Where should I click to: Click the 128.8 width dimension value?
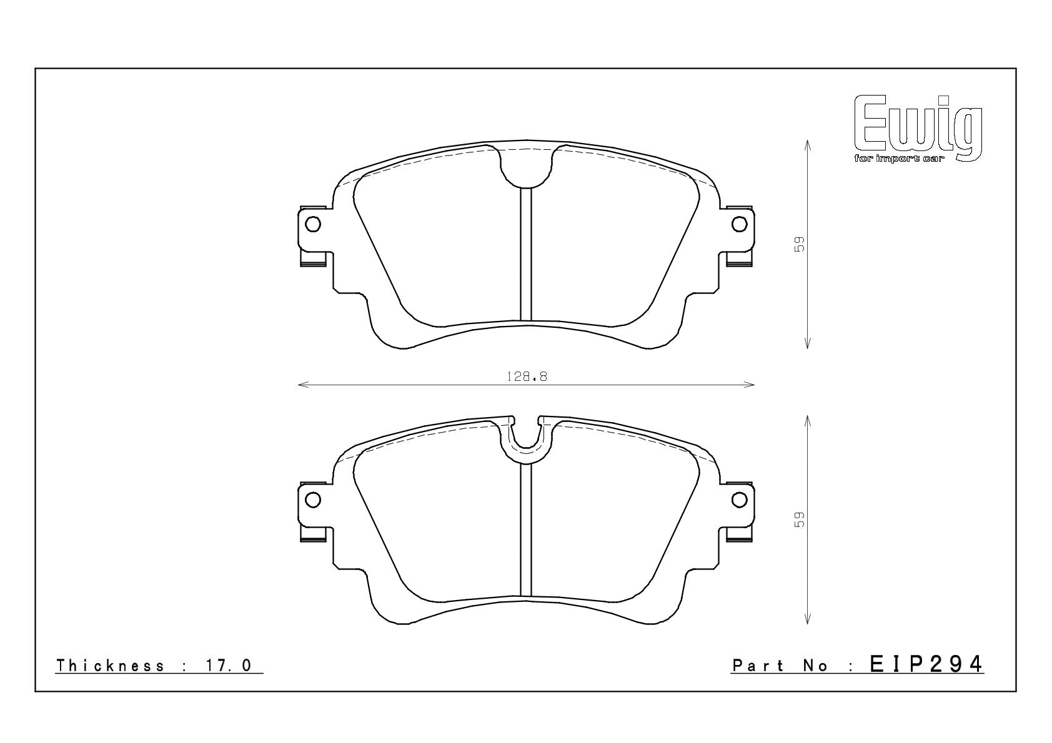(x=527, y=376)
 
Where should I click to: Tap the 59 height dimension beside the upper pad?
(x=799, y=244)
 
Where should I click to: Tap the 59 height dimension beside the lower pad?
(x=799, y=519)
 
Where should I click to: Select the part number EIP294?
(x=926, y=664)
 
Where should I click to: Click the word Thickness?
(x=111, y=666)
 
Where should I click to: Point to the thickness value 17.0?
(x=229, y=666)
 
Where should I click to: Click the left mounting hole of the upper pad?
(x=313, y=224)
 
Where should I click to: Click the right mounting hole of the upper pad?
(x=739, y=224)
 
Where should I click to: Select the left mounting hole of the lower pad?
(x=313, y=500)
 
